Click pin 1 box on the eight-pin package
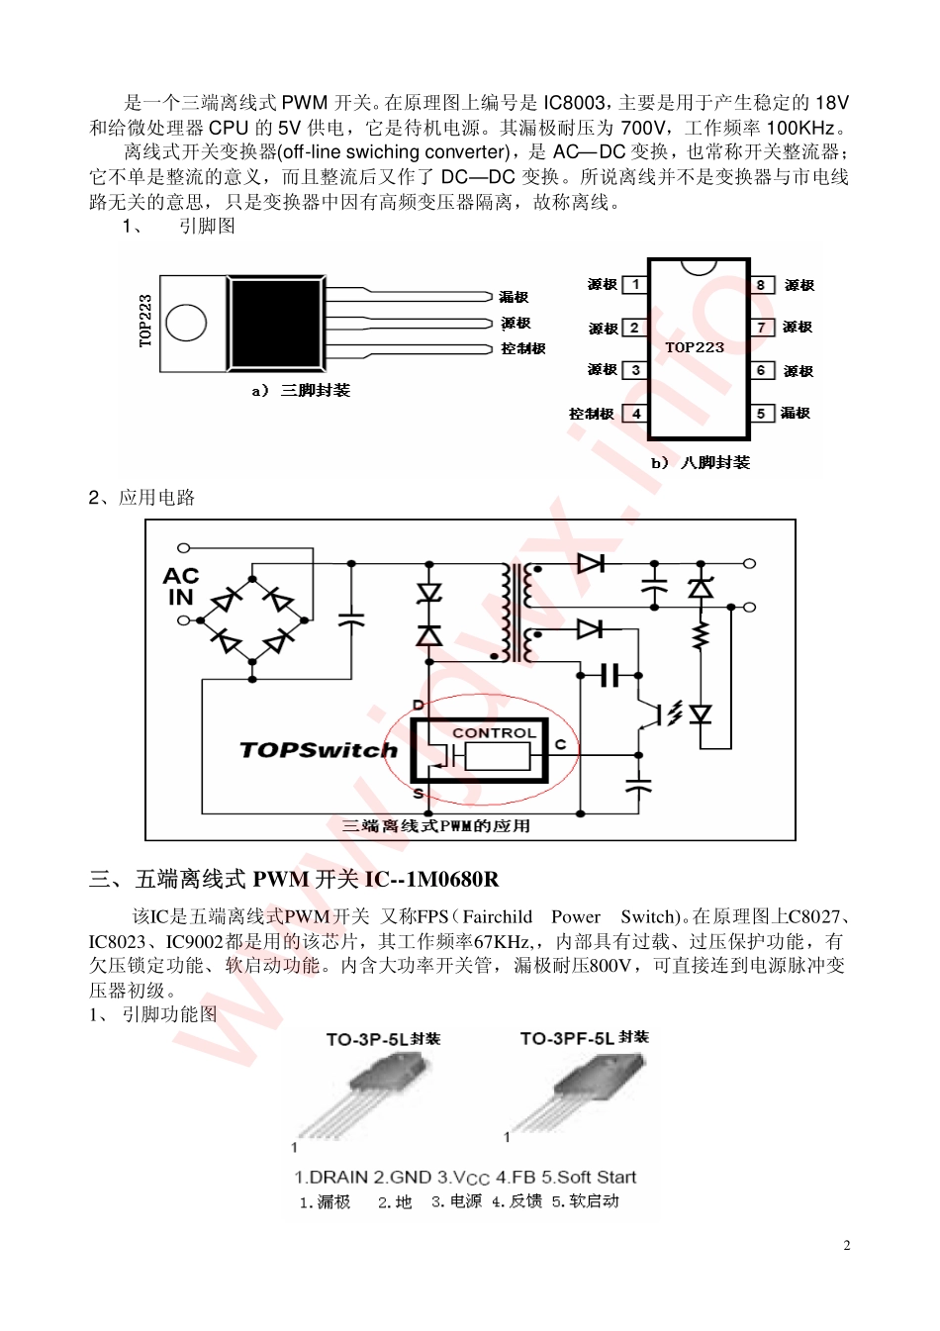tap(635, 285)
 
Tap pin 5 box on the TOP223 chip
tap(762, 413)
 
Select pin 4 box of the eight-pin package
tap(635, 413)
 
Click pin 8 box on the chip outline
tap(762, 285)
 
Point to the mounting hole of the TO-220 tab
tap(186, 323)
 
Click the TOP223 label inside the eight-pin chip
tap(694, 347)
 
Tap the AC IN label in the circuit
tap(181, 586)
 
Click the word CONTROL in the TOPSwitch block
tap(495, 732)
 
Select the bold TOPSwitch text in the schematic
tap(318, 750)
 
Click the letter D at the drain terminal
tap(419, 705)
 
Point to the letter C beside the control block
tap(560, 744)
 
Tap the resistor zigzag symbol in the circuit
tap(702, 634)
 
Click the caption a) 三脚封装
tap(301, 390)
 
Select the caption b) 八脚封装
tap(701, 462)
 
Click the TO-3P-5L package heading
tap(383, 1039)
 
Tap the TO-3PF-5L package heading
tap(585, 1038)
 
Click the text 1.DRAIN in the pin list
tap(330, 1177)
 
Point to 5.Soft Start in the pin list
tap(589, 1177)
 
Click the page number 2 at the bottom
tap(847, 1245)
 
